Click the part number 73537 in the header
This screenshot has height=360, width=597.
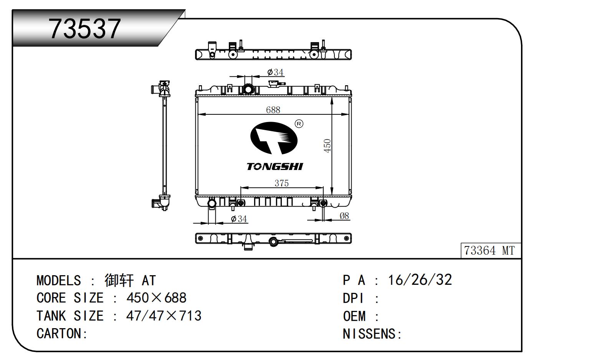84,28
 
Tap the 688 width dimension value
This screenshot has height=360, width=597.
273,110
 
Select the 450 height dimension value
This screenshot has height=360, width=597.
327,146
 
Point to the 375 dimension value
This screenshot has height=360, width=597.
282,183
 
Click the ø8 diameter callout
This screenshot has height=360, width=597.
344,216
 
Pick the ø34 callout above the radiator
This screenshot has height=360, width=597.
275,72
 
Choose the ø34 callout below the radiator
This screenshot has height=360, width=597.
239,219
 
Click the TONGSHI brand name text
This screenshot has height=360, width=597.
275,167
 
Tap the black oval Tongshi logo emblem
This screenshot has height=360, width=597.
274,138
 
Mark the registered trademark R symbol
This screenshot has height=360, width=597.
299,124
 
